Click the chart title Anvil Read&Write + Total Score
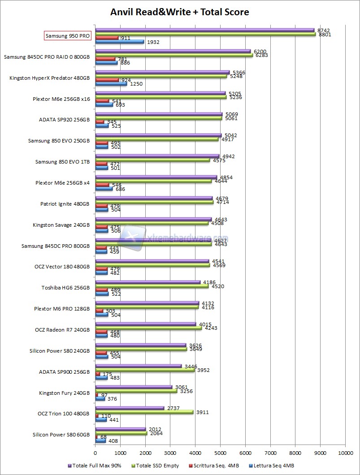click(180, 12)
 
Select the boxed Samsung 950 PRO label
click(68, 36)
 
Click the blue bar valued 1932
click(120, 42)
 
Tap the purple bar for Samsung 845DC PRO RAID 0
click(173, 52)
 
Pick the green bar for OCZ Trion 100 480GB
click(144, 412)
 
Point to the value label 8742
click(323, 30)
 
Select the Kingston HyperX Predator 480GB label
click(49, 78)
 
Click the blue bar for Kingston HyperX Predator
click(111, 84)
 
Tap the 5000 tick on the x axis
click(220, 453)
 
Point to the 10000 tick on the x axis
click(345, 453)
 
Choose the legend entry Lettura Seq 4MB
click(273, 466)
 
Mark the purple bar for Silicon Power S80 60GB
click(120, 429)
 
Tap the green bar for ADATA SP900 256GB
click(145, 370)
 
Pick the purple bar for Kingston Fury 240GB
click(134, 387)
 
